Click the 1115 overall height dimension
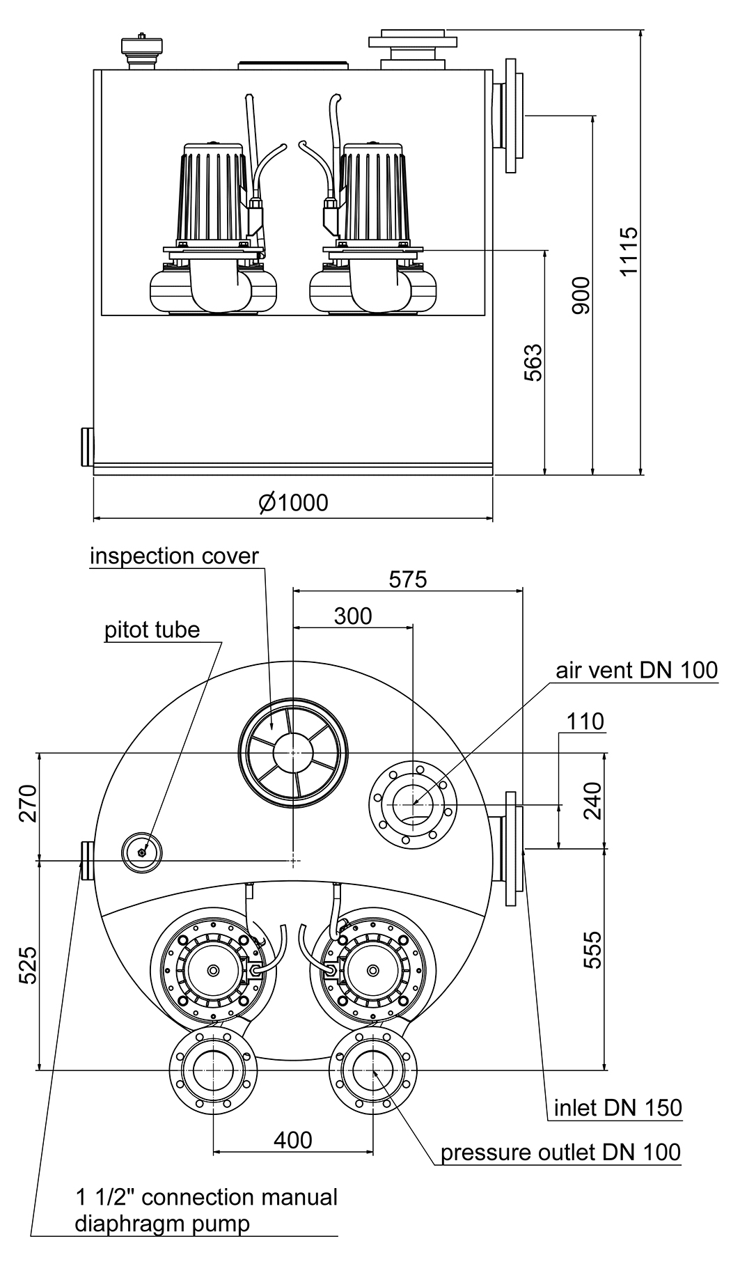[629, 251]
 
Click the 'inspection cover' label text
[174, 556]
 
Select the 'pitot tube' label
[152, 630]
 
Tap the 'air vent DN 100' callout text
[636, 670]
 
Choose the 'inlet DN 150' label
[617, 1107]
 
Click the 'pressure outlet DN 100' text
[560, 1153]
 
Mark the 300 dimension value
[353, 616]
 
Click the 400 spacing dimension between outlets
[292, 1140]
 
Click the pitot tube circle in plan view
[142, 852]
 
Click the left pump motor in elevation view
[214, 195]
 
